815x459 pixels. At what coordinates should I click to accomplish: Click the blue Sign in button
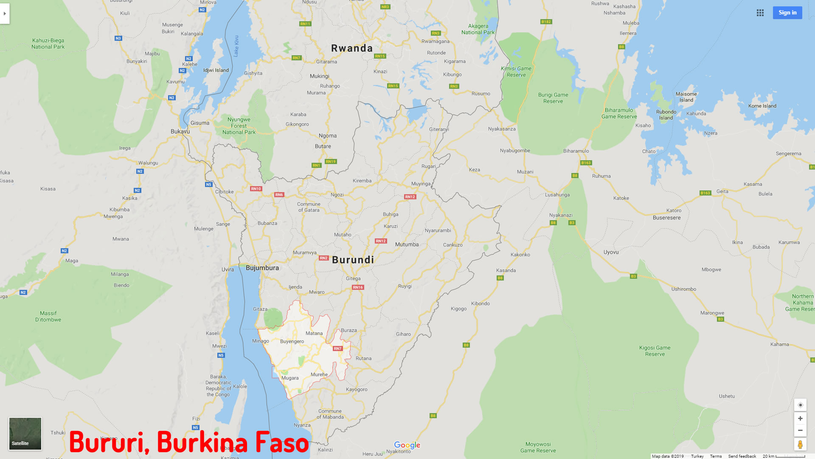click(787, 13)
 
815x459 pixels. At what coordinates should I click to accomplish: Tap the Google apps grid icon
click(760, 13)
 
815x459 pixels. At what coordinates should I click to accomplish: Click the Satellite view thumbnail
click(25, 433)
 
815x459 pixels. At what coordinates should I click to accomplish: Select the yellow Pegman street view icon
click(800, 445)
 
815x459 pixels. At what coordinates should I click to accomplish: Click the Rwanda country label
click(351, 48)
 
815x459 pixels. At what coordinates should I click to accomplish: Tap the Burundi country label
click(353, 260)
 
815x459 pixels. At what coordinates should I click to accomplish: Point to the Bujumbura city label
click(262, 268)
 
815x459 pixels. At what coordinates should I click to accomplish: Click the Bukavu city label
click(180, 131)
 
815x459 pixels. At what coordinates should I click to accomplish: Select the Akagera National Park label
click(478, 29)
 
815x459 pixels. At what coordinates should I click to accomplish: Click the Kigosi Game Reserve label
click(655, 351)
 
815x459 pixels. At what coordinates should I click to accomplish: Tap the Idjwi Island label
click(216, 70)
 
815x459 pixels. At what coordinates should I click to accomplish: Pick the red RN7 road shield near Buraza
click(337, 348)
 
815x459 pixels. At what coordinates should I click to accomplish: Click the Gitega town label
click(353, 278)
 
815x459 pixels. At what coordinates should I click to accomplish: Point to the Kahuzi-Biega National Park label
click(48, 43)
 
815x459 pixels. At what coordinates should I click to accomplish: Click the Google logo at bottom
click(407, 445)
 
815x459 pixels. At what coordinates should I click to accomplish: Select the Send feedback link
click(742, 456)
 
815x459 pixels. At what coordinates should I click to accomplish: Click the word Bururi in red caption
click(109, 442)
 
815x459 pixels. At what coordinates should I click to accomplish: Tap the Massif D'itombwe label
click(48, 316)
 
